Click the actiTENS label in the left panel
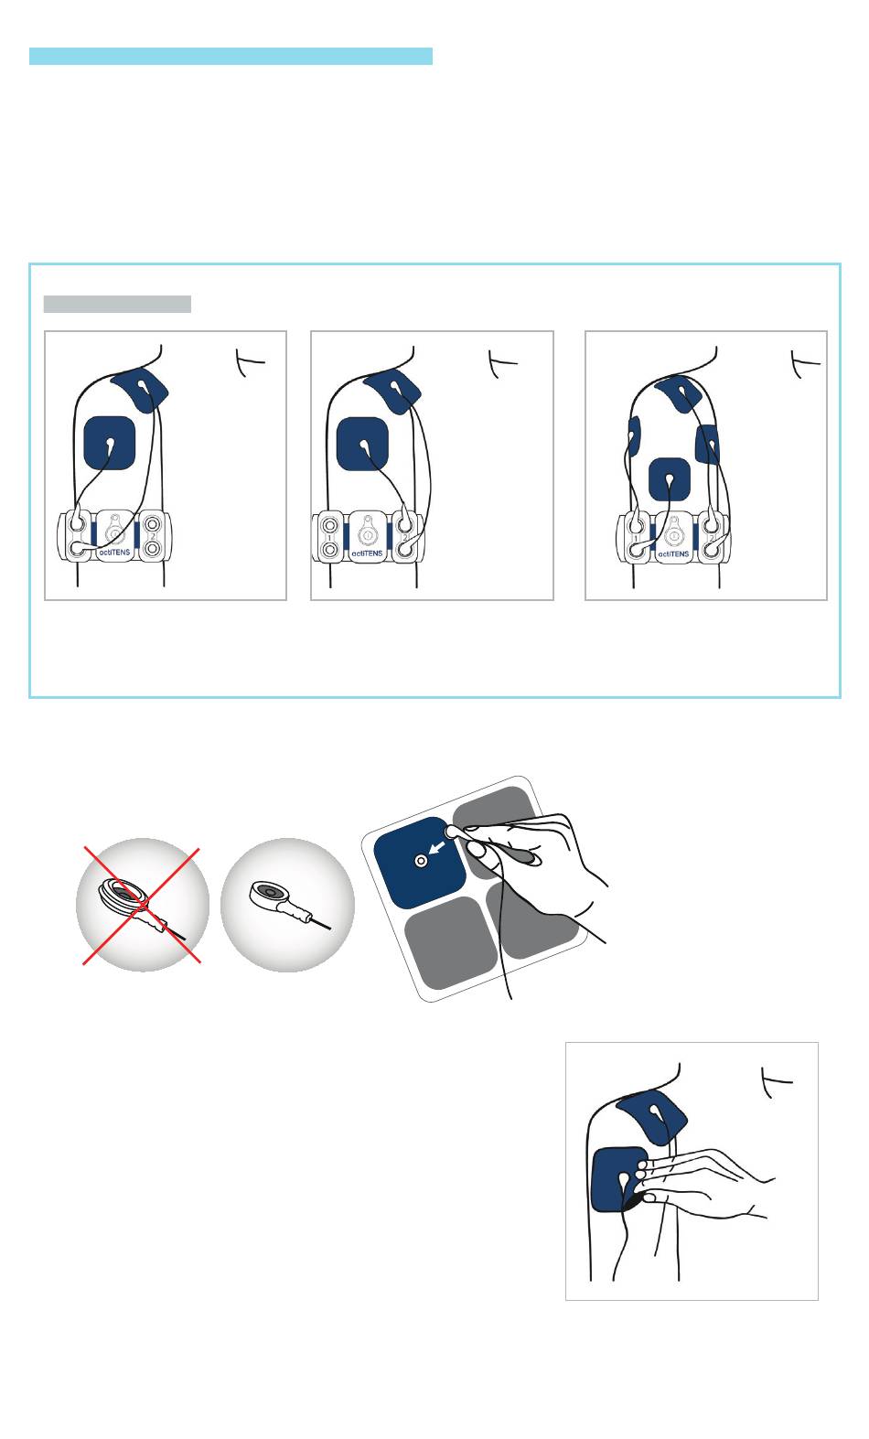pyautogui.click(x=114, y=552)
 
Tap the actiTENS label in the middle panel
pyautogui.click(x=367, y=553)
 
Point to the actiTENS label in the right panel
pyautogui.click(x=673, y=553)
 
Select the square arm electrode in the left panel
pyautogui.click(x=109, y=443)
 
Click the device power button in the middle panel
pyautogui.click(x=367, y=534)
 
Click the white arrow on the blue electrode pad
pyautogui.click(x=437, y=849)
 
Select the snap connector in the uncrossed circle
pyautogui.click(x=289, y=903)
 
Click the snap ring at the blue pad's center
pyautogui.click(x=421, y=861)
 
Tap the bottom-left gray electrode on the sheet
pyautogui.click(x=451, y=942)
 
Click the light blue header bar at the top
pyautogui.click(x=231, y=56)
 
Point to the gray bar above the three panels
pyautogui.click(x=117, y=304)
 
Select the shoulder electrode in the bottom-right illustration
pyautogui.click(x=652, y=1116)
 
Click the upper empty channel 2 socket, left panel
pyautogui.click(x=152, y=524)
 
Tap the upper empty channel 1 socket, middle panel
pyautogui.click(x=329, y=524)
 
